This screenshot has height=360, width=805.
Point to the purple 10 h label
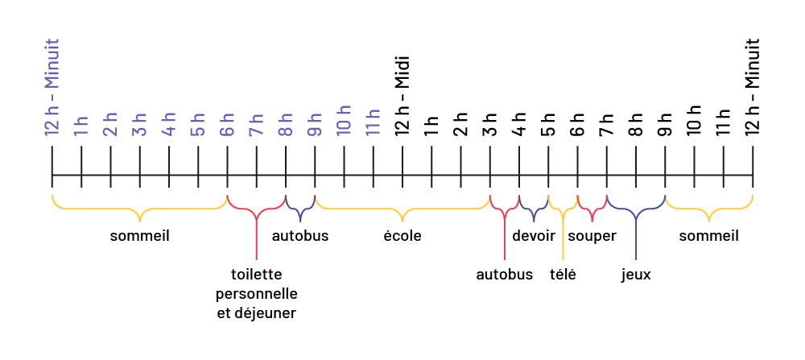[x=344, y=119]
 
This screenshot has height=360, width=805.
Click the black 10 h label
[x=694, y=119]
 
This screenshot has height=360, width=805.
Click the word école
[x=402, y=236]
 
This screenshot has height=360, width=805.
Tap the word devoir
[x=534, y=236]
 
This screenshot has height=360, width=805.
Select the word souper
[x=592, y=236]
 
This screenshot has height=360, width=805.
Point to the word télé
[x=563, y=275]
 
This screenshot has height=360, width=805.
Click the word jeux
[x=636, y=275]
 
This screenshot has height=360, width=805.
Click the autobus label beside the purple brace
[x=299, y=236]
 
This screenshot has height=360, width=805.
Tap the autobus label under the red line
[x=504, y=275]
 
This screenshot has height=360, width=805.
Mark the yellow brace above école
[x=402, y=211]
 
